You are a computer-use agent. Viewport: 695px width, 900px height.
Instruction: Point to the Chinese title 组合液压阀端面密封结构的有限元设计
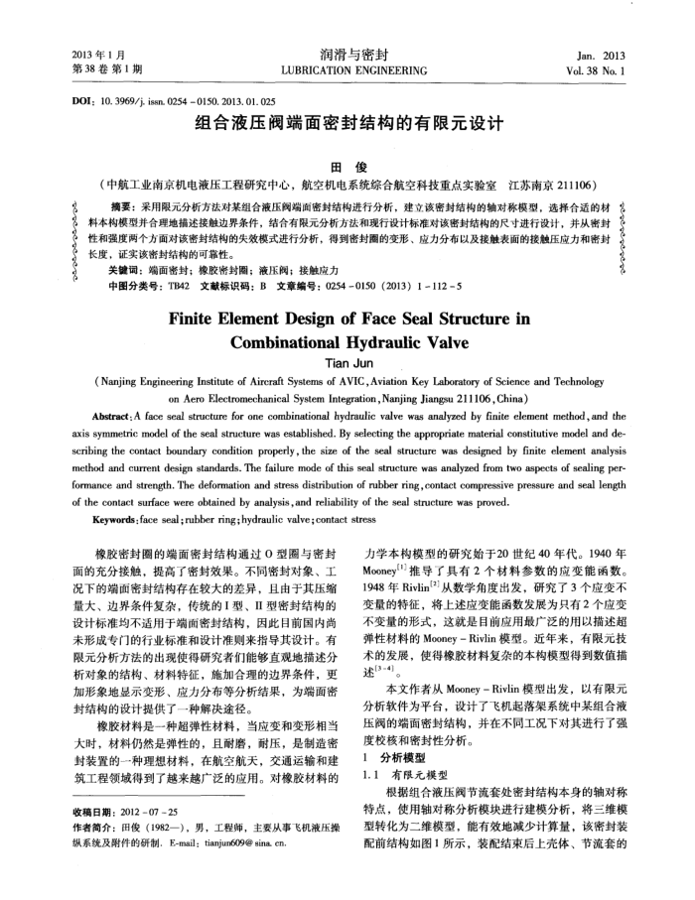pyautogui.click(x=347, y=126)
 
